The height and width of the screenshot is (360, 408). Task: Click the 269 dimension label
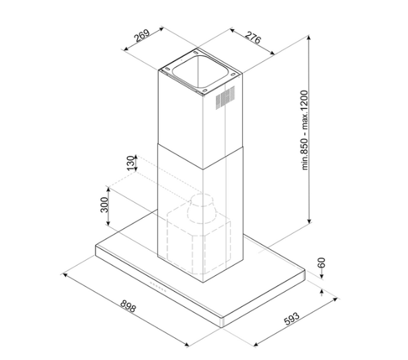(x=142, y=36)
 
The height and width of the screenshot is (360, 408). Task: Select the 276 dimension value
(x=253, y=38)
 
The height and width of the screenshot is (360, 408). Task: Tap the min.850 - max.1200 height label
(x=304, y=130)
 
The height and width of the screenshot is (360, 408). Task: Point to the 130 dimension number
(x=131, y=163)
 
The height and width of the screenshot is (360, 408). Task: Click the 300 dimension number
(x=104, y=205)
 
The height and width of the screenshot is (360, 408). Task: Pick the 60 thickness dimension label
(x=322, y=263)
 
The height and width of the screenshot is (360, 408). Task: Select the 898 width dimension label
(x=128, y=306)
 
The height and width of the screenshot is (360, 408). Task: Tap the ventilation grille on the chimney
(x=225, y=98)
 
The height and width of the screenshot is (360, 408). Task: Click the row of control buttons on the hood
(x=157, y=287)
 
